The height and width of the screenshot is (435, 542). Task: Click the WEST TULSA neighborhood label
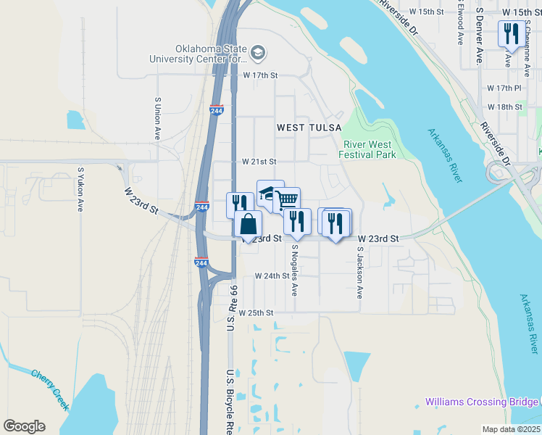[x=309, y=128]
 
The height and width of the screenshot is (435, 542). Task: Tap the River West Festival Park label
[x=369, y=149]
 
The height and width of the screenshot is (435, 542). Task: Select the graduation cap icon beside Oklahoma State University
[x=258, y=52]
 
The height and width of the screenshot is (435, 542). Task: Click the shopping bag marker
[x=248, y=223]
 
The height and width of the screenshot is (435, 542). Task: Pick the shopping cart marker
[x=287, y=199]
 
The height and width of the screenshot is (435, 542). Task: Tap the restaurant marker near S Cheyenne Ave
[x=512, y=34]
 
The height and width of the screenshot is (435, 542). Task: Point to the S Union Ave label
[x=157, y=119]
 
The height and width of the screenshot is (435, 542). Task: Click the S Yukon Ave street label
[x=80, y=190]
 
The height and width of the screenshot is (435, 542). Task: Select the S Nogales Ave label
[x=295, y=270]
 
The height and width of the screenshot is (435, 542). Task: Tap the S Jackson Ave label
[x=359, y=273]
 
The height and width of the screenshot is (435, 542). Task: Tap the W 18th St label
[x=505, y=107]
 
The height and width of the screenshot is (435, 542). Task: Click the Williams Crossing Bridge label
[x=483, y=401]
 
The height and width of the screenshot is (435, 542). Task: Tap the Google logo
[x=24, y=426]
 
